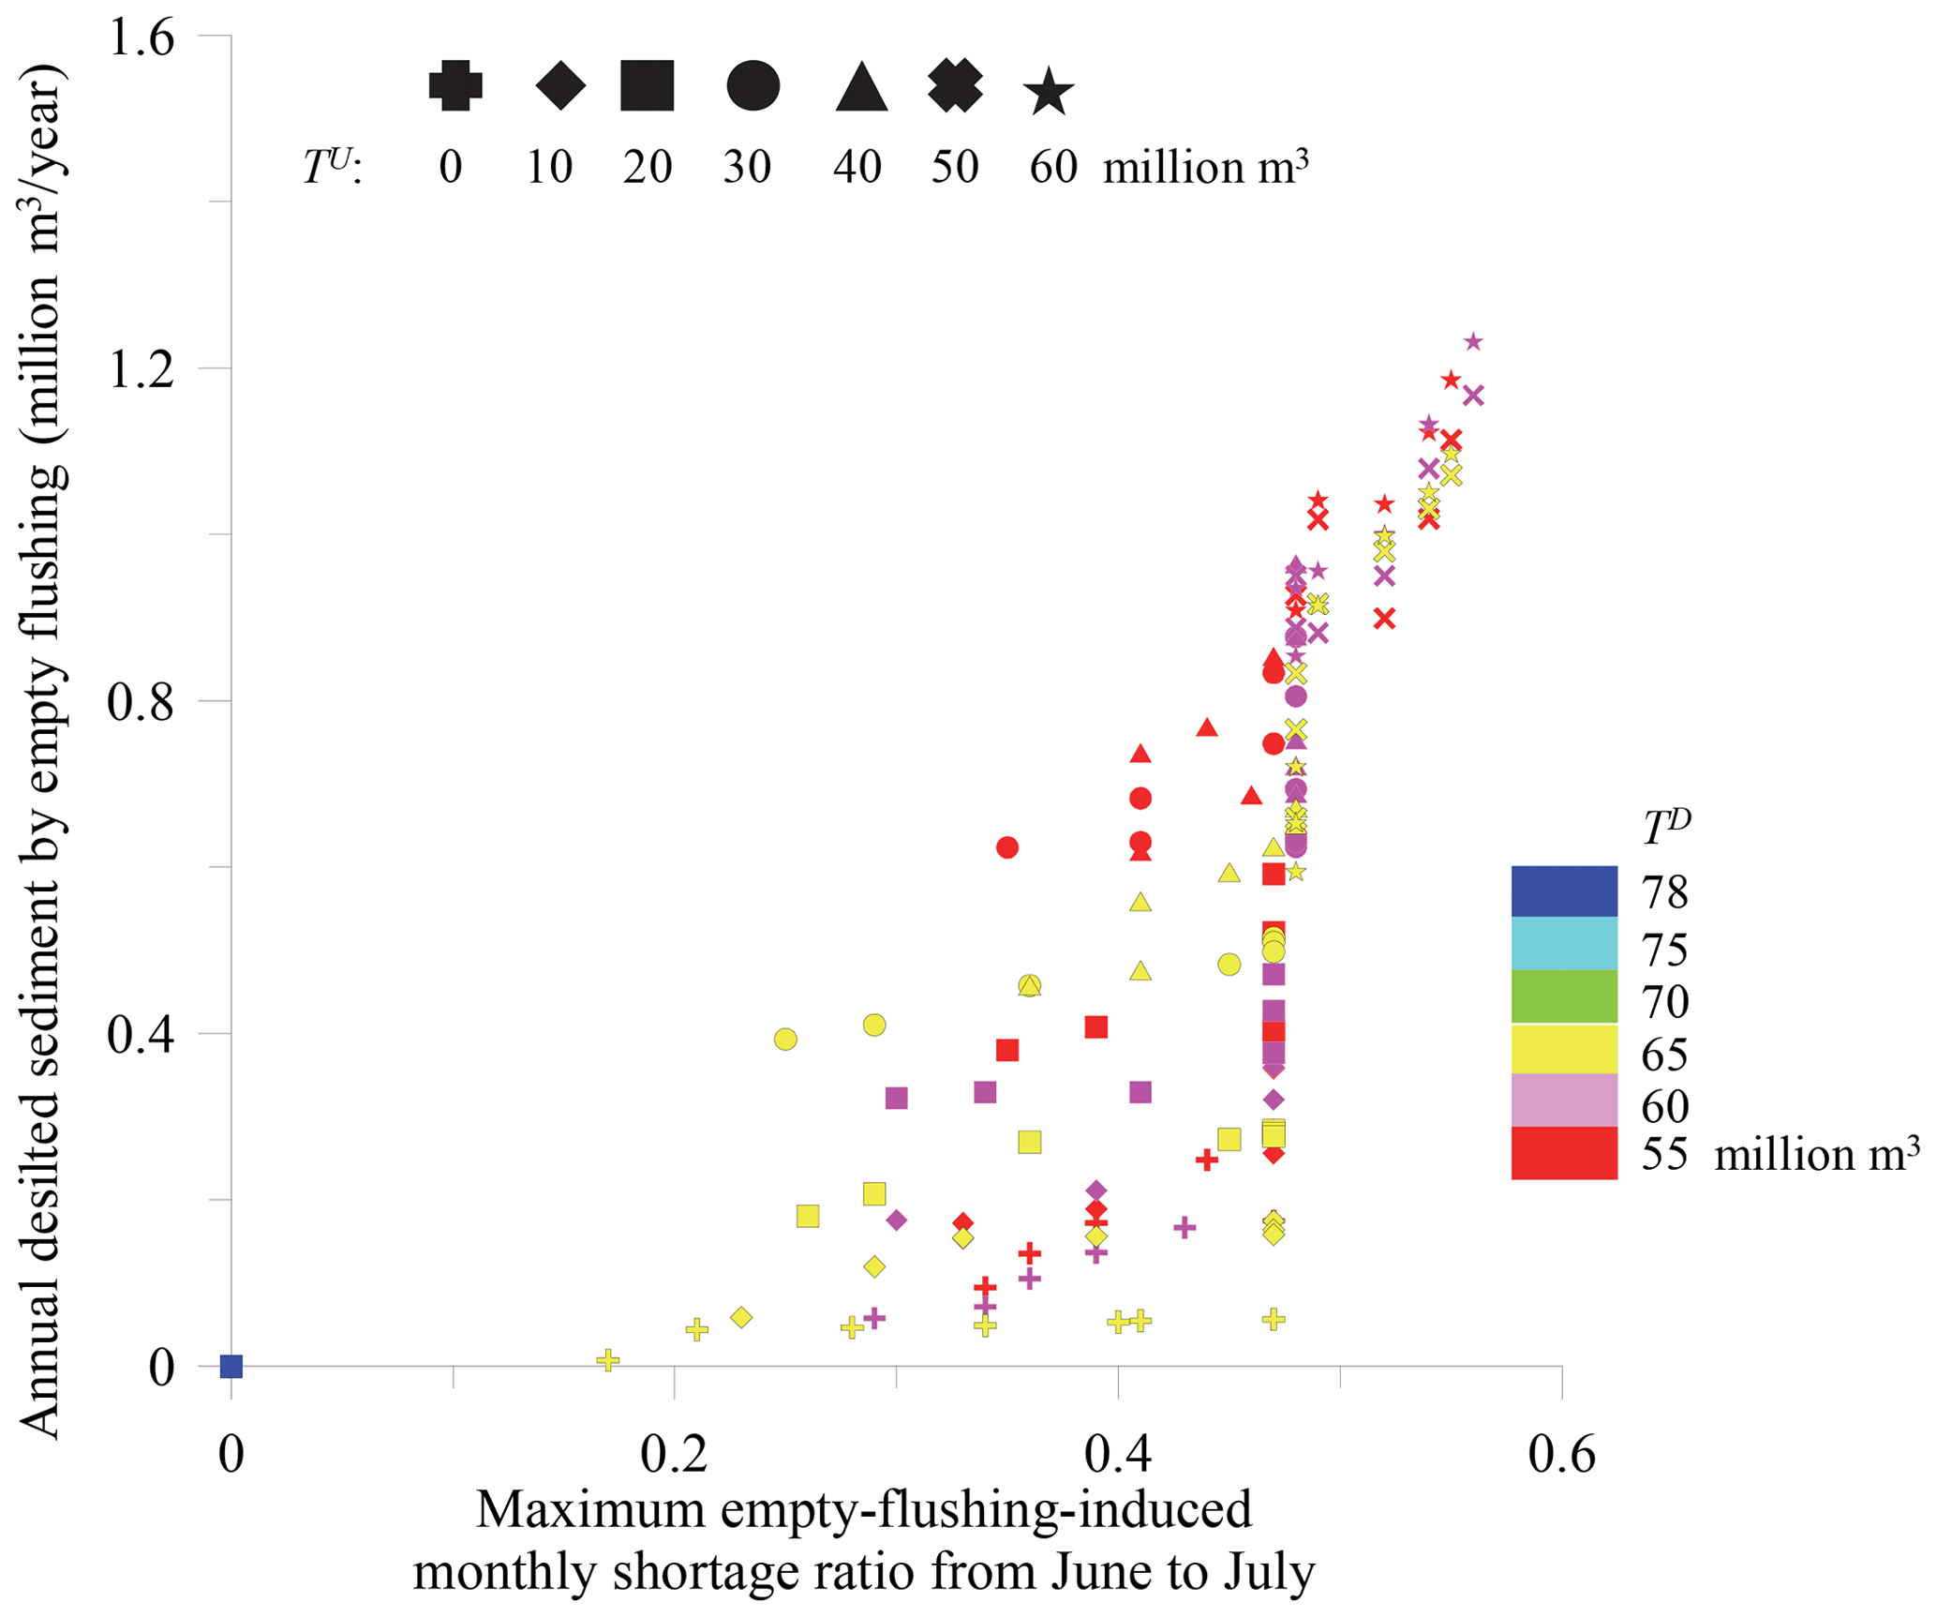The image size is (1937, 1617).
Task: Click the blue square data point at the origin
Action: point(231,1367)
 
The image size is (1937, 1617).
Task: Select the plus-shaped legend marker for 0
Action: point(455,86)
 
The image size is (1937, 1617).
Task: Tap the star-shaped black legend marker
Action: point(1048,92)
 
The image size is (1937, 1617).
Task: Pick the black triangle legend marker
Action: point(861,88)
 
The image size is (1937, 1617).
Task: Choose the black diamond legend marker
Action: point(560,86)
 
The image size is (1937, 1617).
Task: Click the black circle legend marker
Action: point(752,86)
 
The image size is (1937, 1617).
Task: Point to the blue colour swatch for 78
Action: point(1564,891)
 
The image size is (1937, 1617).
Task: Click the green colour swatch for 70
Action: point(1564,996)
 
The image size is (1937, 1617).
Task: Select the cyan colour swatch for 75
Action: point(1564,943)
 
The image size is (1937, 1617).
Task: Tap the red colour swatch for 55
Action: point(1564,1153)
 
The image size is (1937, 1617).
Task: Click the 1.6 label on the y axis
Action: point(142,39)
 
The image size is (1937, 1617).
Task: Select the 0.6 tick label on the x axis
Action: point(1561,1455)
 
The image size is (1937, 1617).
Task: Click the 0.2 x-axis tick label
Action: point(675,1455)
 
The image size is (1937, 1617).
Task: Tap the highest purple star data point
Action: point(1473,342)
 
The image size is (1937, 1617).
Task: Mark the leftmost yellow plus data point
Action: point(608,1359)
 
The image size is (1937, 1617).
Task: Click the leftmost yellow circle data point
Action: point(785,1040)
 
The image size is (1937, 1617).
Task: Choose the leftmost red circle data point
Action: point(1007,847)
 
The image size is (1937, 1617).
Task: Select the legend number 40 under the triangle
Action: point(857,168)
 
